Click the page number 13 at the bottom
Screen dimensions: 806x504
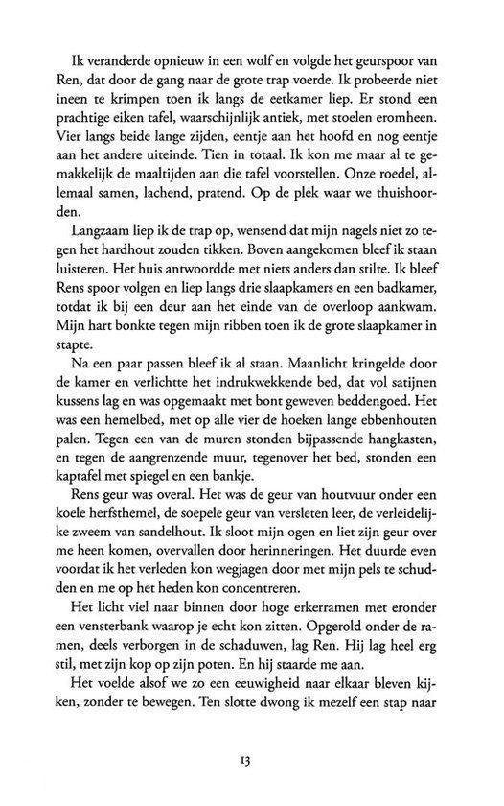pos(252,763)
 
